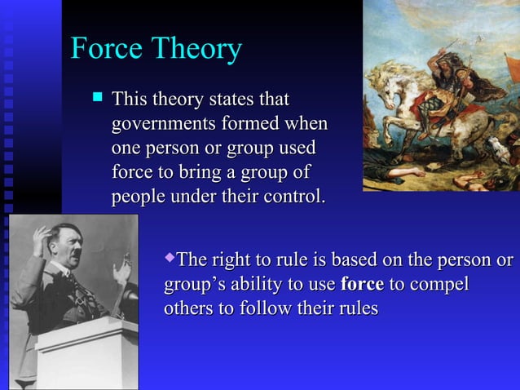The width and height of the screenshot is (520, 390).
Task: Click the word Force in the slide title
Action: (101, 49)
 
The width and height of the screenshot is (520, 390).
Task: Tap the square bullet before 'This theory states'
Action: (97, 98)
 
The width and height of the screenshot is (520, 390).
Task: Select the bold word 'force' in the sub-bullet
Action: (362, 286)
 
